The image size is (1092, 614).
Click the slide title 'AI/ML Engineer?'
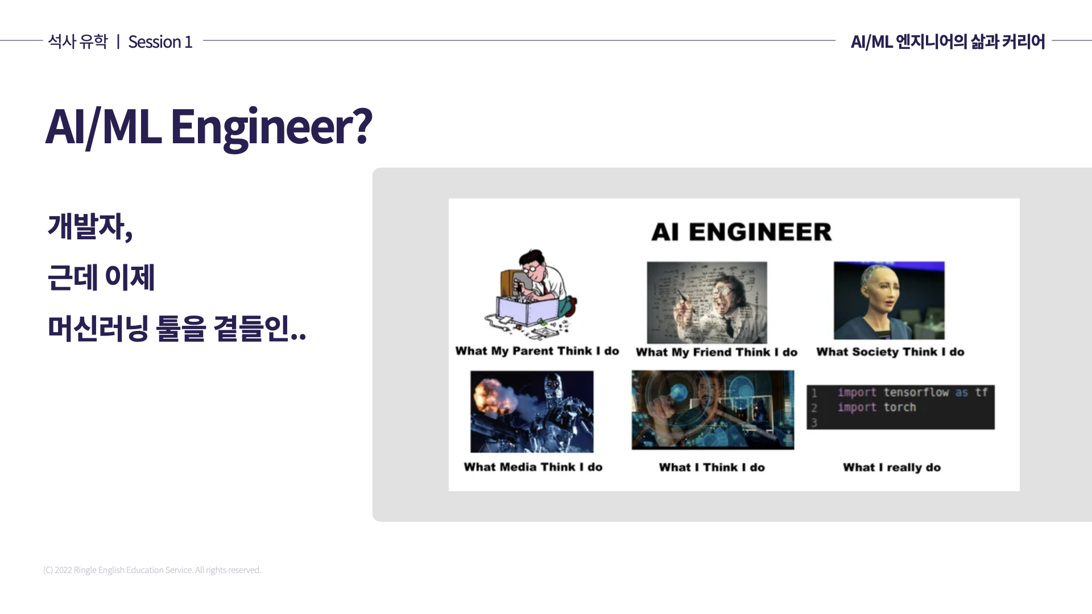click(x=209, y=127)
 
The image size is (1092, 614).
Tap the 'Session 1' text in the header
click(x=160, y=42)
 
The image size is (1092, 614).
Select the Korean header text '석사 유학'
click(x=77, y=42)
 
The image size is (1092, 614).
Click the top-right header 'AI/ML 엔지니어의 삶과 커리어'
click(x=948, y=42)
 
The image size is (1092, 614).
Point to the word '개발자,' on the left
click(x=90, y=226)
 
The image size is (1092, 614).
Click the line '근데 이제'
click(x=101, y=277)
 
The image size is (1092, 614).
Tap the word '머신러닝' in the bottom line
click(x=98, y=329)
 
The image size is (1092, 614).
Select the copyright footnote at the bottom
click(x=152, y=570)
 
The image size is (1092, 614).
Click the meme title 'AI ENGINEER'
click(x=741, y=232)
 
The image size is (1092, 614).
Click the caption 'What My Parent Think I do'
click(x=537, y=351)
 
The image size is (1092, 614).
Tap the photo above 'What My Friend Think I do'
click(x=707, y=302)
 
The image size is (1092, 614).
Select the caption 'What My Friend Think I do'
click(x=717, y=352)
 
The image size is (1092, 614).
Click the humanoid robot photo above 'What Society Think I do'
click(x=889, y=301)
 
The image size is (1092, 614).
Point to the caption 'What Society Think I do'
click(x=890, y=352)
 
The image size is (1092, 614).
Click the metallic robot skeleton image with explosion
click(x=532, y=412)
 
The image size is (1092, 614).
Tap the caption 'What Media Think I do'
click(x=533, y=467)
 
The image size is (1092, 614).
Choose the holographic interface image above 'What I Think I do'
click(x=713, y=410)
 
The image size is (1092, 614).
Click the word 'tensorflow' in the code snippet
click(x=916, y=392)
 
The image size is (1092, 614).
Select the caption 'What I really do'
click(x=891, y=467)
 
